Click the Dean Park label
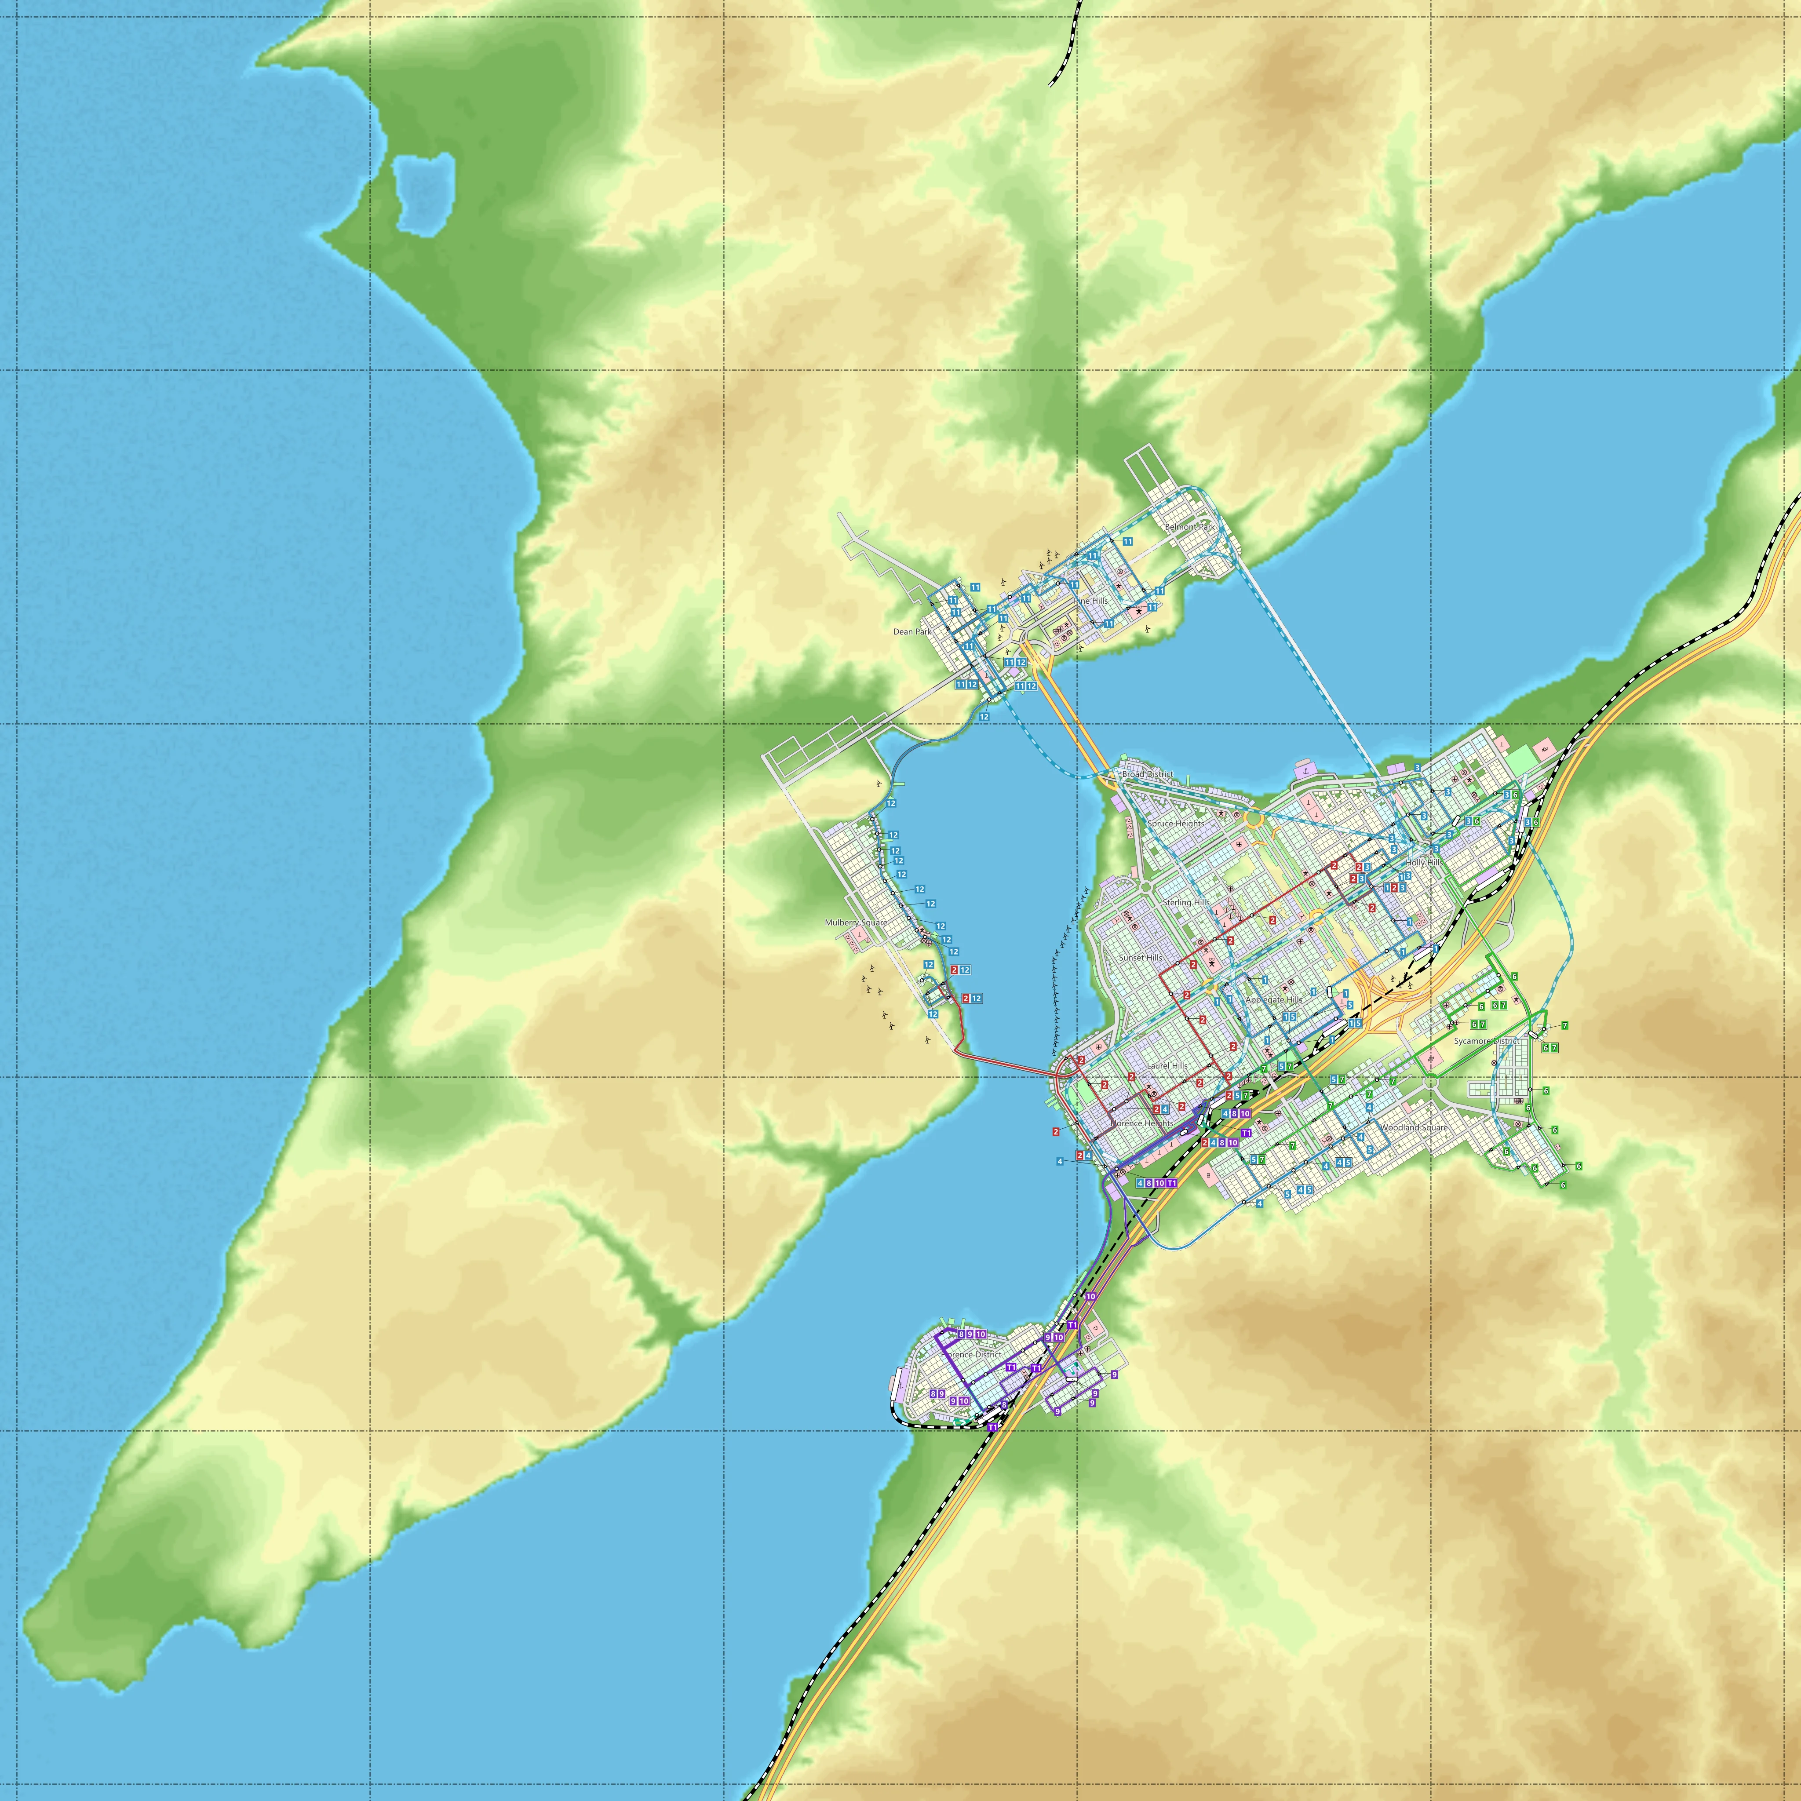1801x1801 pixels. tap(911, 632)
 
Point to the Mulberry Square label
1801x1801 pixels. tap(856, 923)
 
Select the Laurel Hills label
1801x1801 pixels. tap(1167, 1065)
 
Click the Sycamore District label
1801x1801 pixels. tap(1486, 1041)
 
